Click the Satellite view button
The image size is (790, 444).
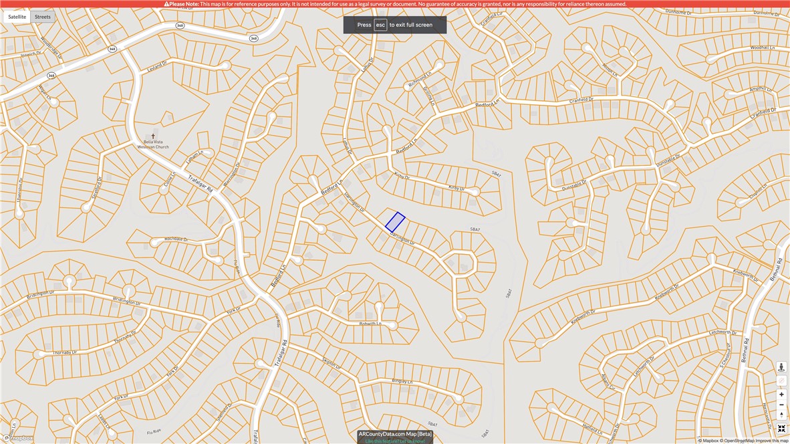click(x=17, y=17)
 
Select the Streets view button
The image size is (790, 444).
click(x=43, y=17)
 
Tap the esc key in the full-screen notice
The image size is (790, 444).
click(x=380, y=25)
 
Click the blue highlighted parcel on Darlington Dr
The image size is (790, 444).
click(x=395, y=222)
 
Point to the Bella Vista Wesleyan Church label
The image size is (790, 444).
click(x=153, y=144)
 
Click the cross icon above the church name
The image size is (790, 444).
click(x=153, y=136)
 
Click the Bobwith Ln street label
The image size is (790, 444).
click(x=370, y=324)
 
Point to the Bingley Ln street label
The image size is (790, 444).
click(x=403, y=381)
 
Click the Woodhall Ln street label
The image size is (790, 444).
click(x=762, y=48)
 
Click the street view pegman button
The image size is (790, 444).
click(x=781, y=367)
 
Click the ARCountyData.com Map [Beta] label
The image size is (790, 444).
click(x=395, y=434)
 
